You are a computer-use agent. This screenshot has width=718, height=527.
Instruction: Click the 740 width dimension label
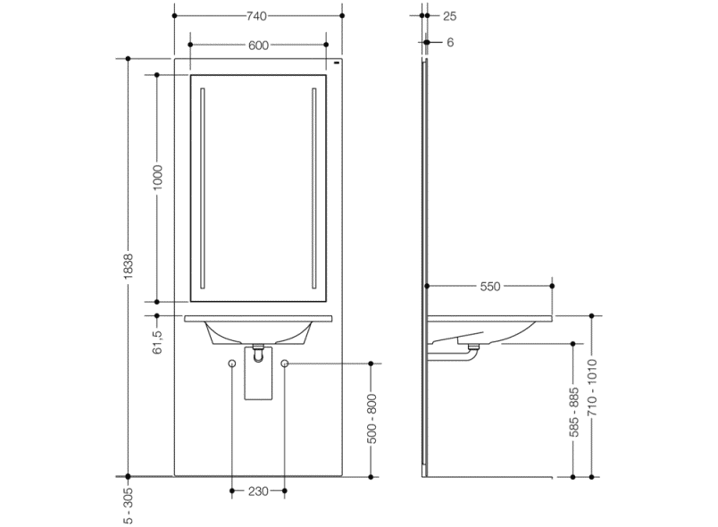(x=259, y=16)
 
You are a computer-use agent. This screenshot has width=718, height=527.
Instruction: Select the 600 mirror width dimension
(x=259, y=44)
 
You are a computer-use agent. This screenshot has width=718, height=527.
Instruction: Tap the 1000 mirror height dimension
(x=157, y=177)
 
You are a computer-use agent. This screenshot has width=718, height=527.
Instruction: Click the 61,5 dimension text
(x=157, y=342)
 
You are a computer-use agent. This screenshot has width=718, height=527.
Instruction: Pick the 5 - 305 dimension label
(x=129, y=505)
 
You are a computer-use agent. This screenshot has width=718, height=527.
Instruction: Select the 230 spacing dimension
(x=259, y=491)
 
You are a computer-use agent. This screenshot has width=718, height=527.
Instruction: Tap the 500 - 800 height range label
(x=372, y=420)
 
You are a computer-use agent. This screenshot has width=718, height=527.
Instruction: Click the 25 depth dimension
(x=449, y=16)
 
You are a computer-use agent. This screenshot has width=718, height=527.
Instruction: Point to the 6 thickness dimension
(x=449, y=42)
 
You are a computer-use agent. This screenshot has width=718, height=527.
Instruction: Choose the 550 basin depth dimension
(x=490, y=287)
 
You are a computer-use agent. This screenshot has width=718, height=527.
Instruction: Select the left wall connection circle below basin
(x=232, y=364)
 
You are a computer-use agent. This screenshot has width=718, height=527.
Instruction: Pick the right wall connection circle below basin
(x=286, y=364)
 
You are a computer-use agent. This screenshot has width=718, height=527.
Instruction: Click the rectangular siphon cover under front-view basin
(x=258, y=381)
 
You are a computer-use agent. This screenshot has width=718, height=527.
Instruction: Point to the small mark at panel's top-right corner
(x=337, y=65)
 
